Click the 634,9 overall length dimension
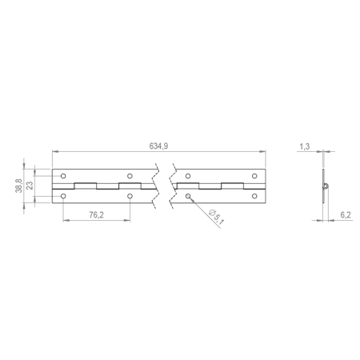pyautogui.click(x=158, y=146)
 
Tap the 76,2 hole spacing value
pyautogui.click(x=96, y=215)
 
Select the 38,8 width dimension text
pyautogui.click(x=18, y=186)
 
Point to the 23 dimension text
pyautogui.click(x=30, y=186)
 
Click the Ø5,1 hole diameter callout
pyautogui.click(x=217, y=217)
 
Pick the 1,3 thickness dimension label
pyautogui.click(x=305, y=146)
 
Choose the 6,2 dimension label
pyautogui.click(x=346, y=215)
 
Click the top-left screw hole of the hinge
pyautogui.click(x=63, y=176)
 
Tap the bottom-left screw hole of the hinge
pyautogui.click(x=63, y=196)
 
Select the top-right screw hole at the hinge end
pyautogui.click(x=254, y=176)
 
